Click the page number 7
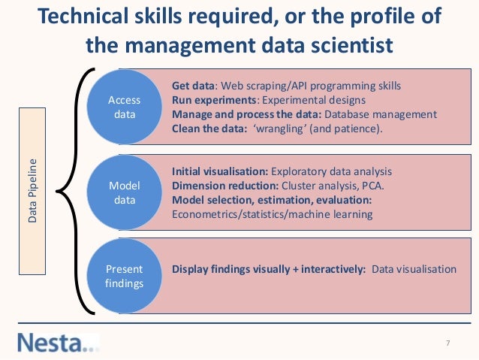point(447,343)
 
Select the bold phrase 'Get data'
point(194,86)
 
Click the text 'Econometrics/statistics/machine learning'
point(272,214)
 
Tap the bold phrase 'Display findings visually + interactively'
point(268,269)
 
